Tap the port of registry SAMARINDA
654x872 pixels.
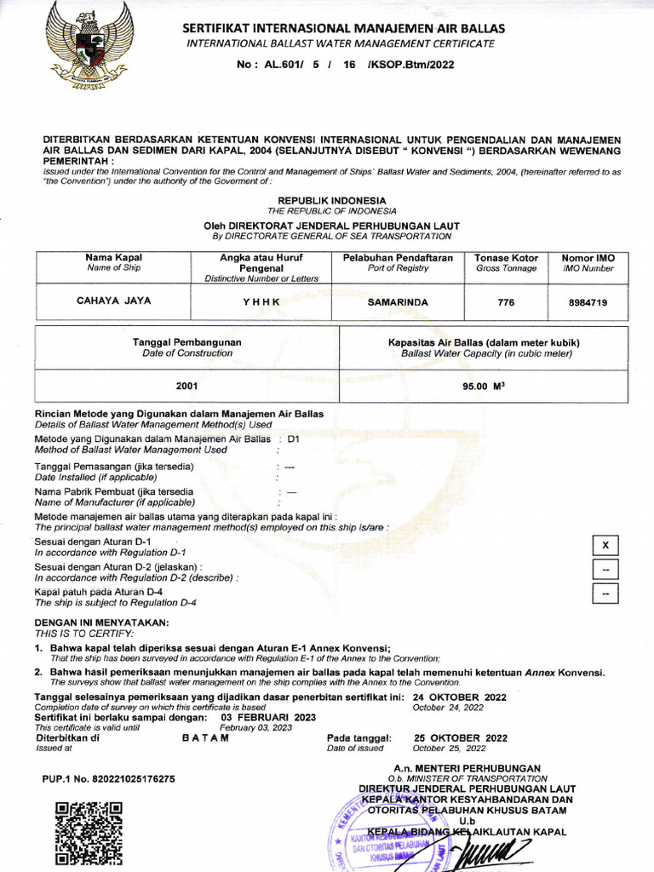tap(398, 301)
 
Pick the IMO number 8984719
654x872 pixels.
tap(588, 301)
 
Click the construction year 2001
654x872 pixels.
tap(187, 386)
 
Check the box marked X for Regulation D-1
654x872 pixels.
tap(605, 545)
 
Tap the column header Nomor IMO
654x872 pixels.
tap(588, 257)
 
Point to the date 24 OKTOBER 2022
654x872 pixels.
tap(460, 697)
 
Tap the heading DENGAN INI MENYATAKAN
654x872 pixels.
tap(102, 622)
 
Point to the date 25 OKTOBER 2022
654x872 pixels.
tap(461, 737)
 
